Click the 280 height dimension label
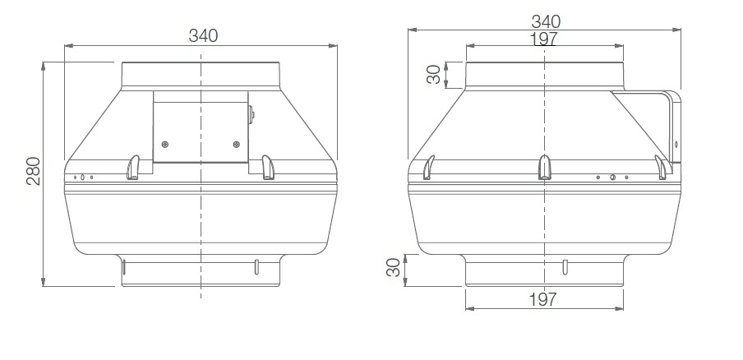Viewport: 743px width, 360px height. tap(34, 170)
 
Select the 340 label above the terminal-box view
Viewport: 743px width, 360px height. tap(203, 35)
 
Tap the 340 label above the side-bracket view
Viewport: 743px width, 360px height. tap(546, 21)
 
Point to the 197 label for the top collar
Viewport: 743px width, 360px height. tap(543, 39)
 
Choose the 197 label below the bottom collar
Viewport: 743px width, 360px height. tap(543, 299)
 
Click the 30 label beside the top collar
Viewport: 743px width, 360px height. tap(434, 74)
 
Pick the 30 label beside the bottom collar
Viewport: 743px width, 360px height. tap(394, 268)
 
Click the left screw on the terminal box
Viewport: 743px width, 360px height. tap(164, 144)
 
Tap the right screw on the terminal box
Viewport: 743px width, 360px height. tap(237, 144)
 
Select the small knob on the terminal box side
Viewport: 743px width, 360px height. tap(252, 114)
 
